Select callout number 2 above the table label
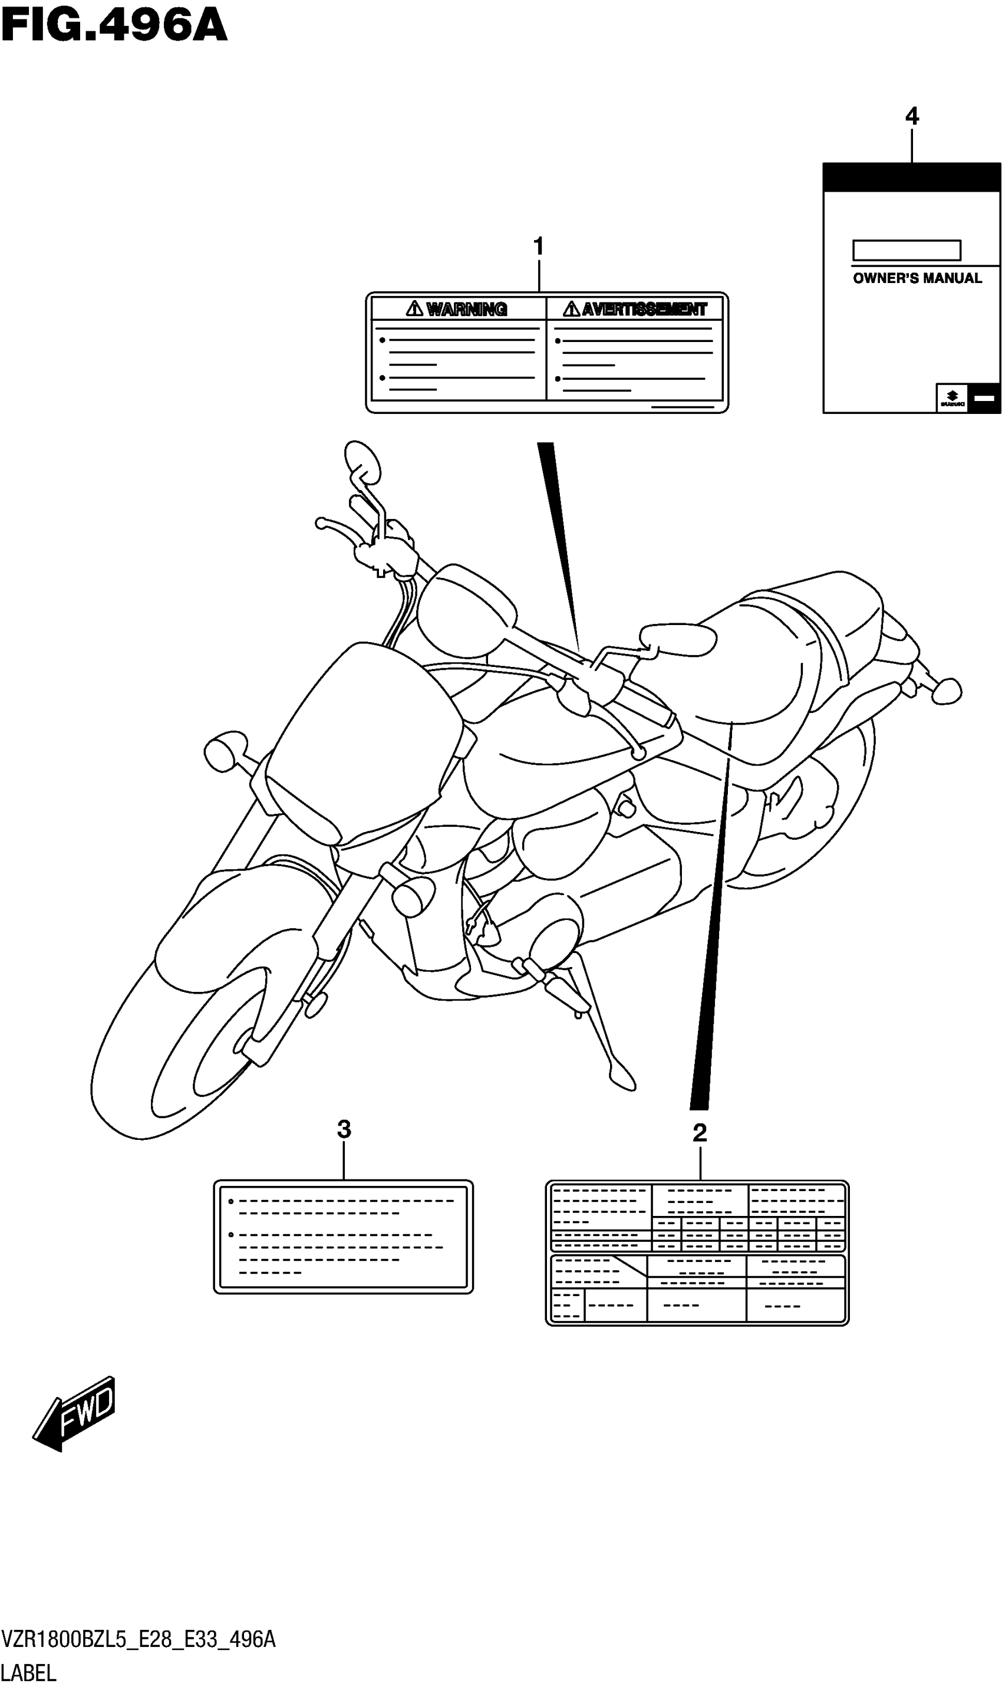pos(700,1132)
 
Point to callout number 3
pos(344,1129)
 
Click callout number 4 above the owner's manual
pos(911,117)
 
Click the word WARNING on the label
pos(466,309)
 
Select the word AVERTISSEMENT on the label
pos(644,309)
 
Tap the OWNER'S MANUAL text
pos(917,278)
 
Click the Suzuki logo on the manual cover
pos(952,399)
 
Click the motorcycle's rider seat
pos(750,669)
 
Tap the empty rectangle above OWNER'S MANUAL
pos(906,251)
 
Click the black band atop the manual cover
pos(911,177)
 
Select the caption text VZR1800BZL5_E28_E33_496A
pos(139,1639)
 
